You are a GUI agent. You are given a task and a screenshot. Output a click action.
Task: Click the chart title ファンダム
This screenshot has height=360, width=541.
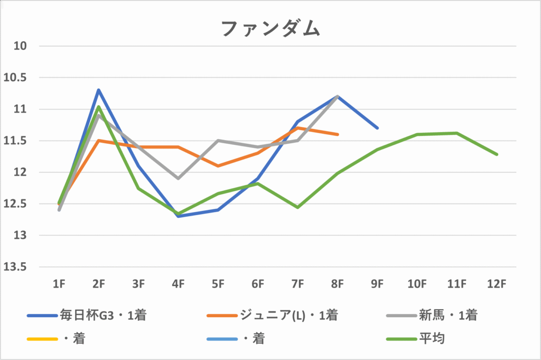click(x=270, y=29)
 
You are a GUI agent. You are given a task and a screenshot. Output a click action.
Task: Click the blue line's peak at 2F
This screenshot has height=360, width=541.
click(x=99, y=90)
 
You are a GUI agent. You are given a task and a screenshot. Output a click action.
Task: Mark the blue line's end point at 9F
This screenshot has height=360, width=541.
click(x=377, y=128)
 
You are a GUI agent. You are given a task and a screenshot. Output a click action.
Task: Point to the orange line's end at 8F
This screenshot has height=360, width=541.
click(x=338, y=134)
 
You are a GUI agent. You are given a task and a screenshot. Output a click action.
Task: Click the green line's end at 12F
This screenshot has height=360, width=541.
click(x=497, y=154)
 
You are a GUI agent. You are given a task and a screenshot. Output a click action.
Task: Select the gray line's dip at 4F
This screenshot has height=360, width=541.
click(x=179, y=178)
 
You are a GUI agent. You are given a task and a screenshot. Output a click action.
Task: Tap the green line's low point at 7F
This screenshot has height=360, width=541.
click(x=298, y=207)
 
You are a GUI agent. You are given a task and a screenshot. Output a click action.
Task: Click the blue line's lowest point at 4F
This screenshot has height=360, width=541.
click(x=179, y=216)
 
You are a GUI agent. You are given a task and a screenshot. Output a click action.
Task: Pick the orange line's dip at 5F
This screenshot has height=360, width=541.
click(x=218, y=166)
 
